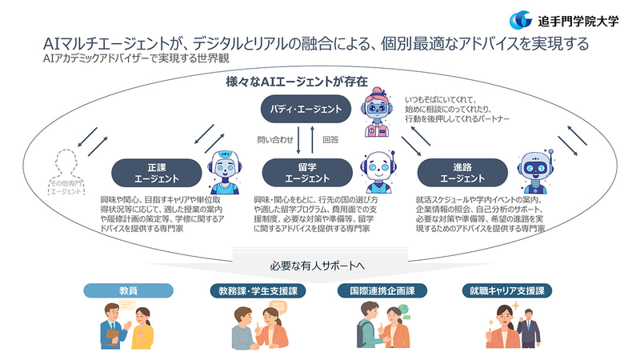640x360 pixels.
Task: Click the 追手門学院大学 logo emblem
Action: [521, 19]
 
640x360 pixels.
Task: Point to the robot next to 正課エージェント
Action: [223, 170]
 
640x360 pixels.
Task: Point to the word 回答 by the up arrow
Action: [330, 138]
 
